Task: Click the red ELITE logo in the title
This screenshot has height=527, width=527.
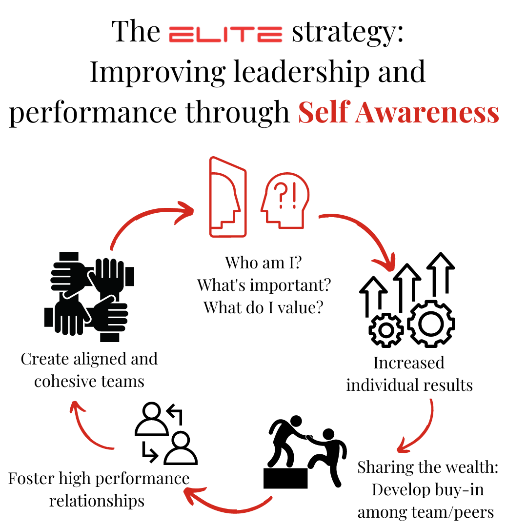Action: (225, 34)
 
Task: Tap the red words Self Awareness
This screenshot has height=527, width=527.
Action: (399, 112)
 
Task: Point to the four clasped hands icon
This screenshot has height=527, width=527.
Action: (89, 296)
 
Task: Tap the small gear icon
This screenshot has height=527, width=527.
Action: (386, 330)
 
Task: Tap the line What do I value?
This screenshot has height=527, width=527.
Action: (263, 307)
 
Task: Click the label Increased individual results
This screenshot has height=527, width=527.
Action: (409, 374)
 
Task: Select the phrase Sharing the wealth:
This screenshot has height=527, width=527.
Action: (427, 467)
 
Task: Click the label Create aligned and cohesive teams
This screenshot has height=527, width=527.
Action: (89, 370)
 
